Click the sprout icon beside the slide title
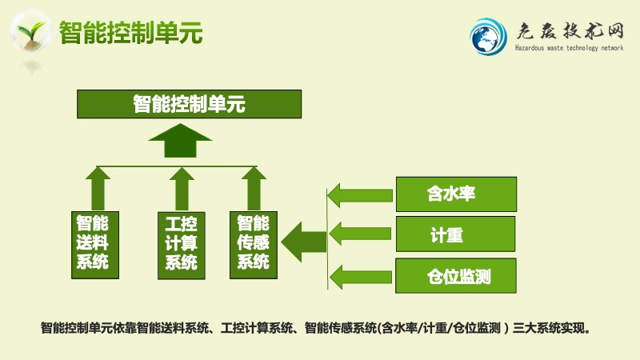coord(30,32)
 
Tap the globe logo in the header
coord(487,37)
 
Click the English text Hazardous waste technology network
coord(569,48)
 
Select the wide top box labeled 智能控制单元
coord(190,104)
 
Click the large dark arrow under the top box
coord(180,141)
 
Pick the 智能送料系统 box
coord(95,245)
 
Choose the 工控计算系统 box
coord(182,246)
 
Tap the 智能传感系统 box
coord(254,245)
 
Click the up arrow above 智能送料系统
coord(98,189)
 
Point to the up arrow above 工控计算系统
coord(182,189)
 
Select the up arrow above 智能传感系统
coord(254,189)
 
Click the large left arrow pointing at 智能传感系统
coord(304,242)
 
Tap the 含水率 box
coord(456,194)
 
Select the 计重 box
coord(455,234)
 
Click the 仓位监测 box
coord(456,275)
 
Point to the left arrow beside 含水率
coord(360,195)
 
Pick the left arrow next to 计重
coord(360,234)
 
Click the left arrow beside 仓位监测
coord(361,277)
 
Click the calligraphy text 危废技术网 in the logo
coord(570,31)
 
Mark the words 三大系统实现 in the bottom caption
coord(551,328)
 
